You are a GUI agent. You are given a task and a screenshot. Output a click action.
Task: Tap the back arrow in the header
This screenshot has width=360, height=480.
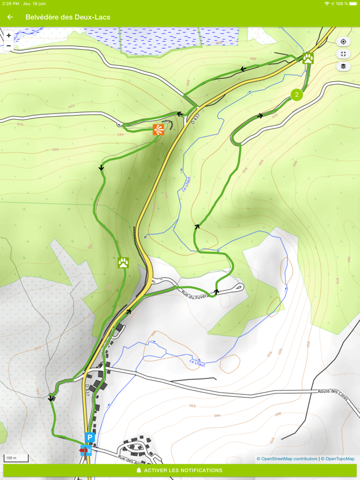pyautogui.click(x=10, y=17)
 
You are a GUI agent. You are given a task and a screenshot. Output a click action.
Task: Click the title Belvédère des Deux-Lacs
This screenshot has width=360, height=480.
pyautogui.click(x=68, y=17)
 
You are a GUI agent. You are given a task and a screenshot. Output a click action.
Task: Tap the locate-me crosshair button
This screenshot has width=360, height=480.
pyautogui.click(x=343, y=42)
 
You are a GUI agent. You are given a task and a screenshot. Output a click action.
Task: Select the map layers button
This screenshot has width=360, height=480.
pyautogui.click(x=343, y=66)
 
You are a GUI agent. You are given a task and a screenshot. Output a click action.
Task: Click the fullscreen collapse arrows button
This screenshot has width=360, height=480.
pyautogui.click(x=343, y=54)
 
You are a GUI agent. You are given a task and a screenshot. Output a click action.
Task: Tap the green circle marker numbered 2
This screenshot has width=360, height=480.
pyautogui.click(x=296, y=95)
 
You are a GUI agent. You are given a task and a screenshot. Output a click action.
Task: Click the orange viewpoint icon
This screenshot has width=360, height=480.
pyautogui.click(x=158, y=130)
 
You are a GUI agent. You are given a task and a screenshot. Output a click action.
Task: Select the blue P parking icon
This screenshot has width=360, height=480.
pyautogui.click(x=89, y=438)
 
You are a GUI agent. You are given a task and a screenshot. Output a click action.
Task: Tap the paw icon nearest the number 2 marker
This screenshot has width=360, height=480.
pyautogui.click(x=308, y=58)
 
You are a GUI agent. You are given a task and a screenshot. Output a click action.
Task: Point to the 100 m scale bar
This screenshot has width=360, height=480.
pyautogui.click(x=15, y=458)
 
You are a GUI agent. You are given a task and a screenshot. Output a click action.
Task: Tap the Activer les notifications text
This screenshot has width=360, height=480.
pyautogui.click(x=183, y=470)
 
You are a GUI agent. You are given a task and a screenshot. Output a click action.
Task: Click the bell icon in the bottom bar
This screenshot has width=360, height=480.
pyautogui.click(x=139, y=470)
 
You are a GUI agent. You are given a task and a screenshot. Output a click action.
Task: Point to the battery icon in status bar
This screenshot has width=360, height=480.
pyautogui.click(x=353, y=4)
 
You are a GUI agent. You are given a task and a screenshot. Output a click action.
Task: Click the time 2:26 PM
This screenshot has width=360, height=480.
pyautogui.click(x=10, y=4)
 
